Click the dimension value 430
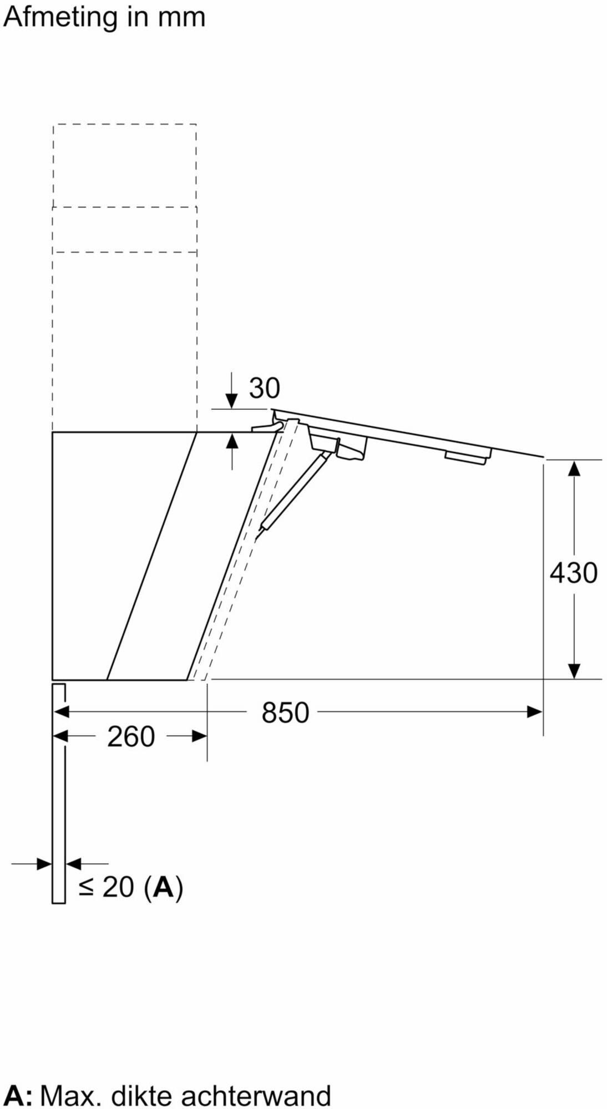point(573,572)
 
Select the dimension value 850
point(285,713)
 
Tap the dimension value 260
point(131,737)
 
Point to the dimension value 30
point(264,388)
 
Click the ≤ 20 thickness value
point(107,887)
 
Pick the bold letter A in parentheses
point(164,887)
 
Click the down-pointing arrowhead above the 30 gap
point(232,400)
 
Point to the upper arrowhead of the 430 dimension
point(574,468)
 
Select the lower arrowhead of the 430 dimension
point(574,671)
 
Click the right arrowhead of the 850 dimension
point(534,712)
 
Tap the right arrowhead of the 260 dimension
point(199,736)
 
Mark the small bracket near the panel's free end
point(468,456)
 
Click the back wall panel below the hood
point(58,793)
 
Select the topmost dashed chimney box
point(125,165)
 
